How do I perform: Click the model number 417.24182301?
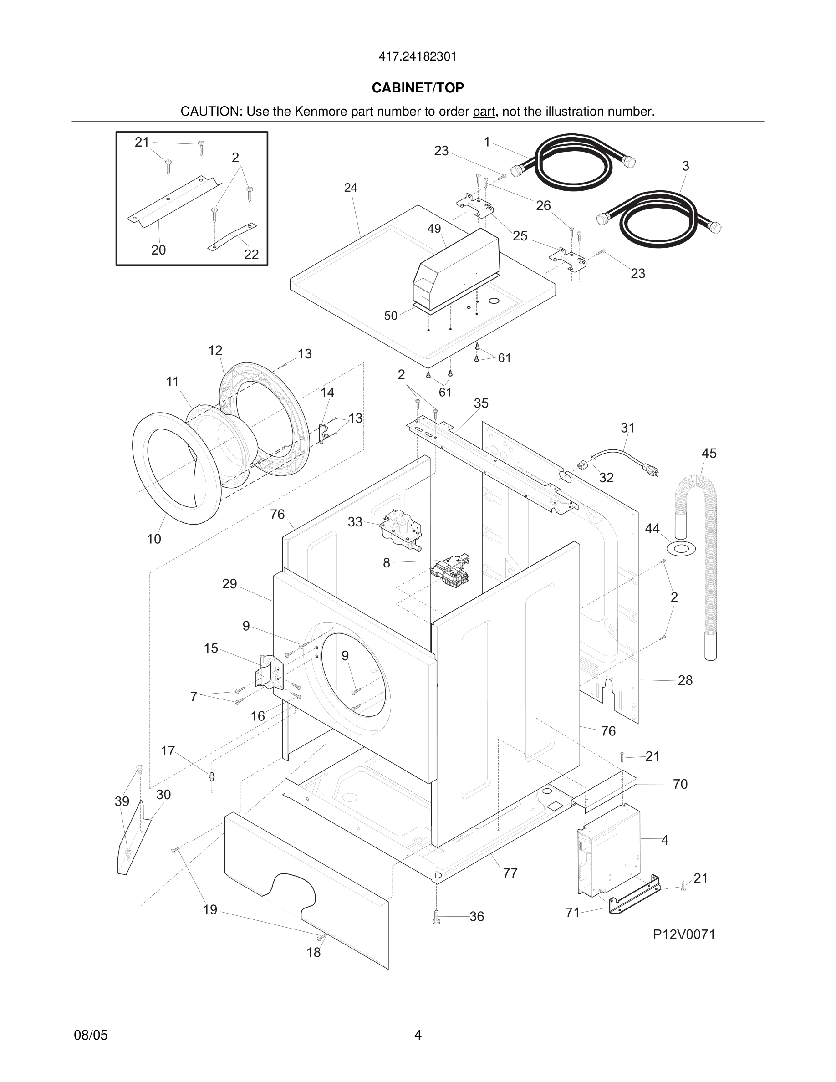point(418,57)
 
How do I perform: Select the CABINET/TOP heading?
point(418,88)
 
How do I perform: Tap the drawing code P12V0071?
point(684,934)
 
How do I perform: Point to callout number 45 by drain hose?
point(709,453)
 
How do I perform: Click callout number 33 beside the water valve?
point(355,522)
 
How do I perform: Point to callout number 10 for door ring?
point(154,539)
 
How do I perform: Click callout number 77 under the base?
point(510,873)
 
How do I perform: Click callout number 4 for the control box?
point(665,840)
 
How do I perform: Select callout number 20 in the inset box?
point(158,250)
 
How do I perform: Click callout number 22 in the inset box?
point(251,254)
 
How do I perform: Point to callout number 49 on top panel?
point(434,229)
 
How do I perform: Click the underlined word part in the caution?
point(484,112)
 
